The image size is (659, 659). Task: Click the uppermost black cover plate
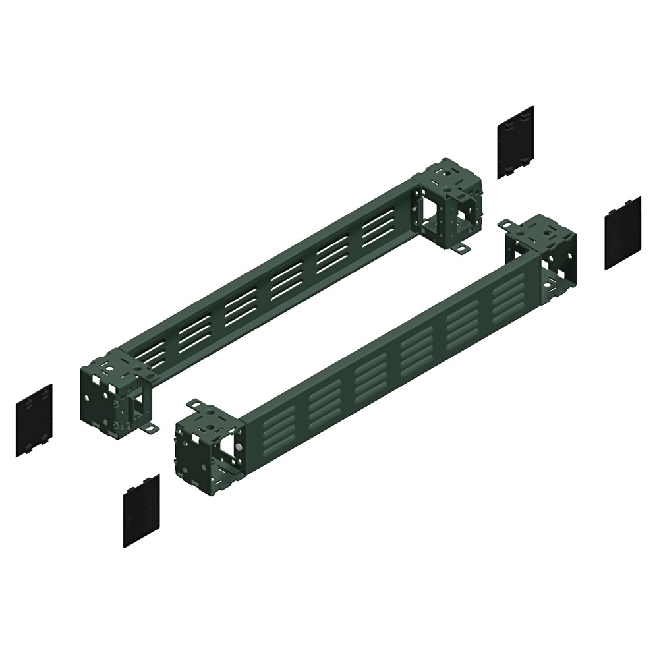click(x=515, y=141)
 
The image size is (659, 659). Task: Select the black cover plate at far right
click(x=622, y=233)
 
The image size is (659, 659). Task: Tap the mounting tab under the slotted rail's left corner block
click(x=151, y=428)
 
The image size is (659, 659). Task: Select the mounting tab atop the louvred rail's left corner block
click(x=194, y=404)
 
